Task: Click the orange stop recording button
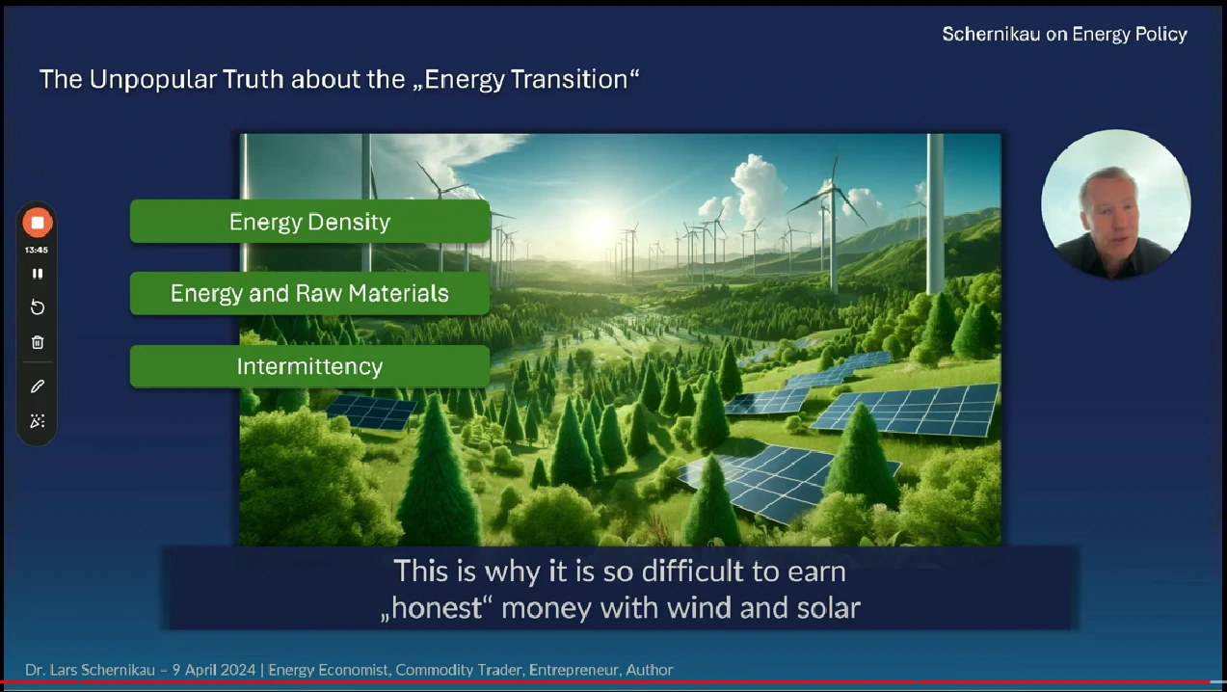coord(38,223)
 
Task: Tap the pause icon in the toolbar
coord(38,274)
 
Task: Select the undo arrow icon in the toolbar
coord(38,307)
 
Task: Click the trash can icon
coord(38,342)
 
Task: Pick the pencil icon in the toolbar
coord(38,386)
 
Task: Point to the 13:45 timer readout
coord(37,250)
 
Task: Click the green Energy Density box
coord(310,222)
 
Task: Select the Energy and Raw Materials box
coord(310,294)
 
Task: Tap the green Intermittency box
coord(310,366)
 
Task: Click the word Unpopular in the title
coord(153,80)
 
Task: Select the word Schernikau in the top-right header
coord(991,35)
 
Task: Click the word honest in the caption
coord(437,608)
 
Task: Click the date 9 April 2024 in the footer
coord(214,670)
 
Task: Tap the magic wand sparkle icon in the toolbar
coord(38,421)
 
